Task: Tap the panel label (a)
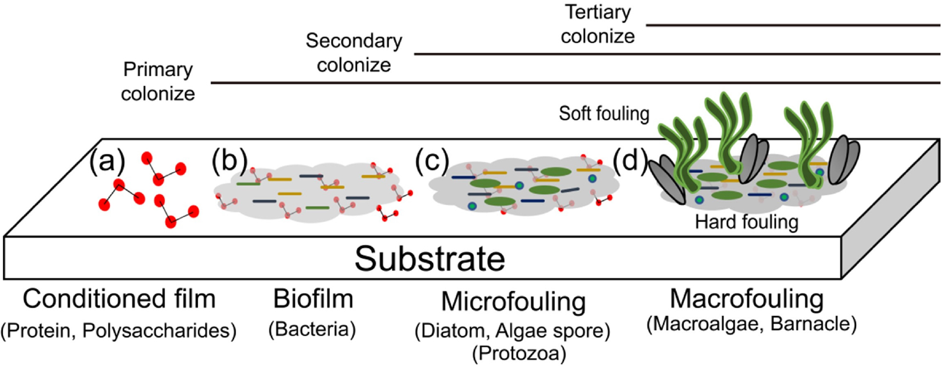(107, 161)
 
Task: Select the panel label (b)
(229, 161)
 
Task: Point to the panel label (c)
(432, 161)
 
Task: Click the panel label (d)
(629, 161)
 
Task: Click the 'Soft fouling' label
(604, 114)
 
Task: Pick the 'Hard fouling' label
(747, 222)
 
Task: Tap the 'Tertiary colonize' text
(598, 24)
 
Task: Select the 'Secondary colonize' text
(354, 53)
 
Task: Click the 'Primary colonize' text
(158, 81)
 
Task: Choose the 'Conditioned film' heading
(119, 300)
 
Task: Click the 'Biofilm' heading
(313, 300)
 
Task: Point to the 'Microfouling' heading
(513, 302)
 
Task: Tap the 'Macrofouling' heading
(747, 300)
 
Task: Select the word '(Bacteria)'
(312, 329)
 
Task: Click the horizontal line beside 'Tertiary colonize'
(793, 25)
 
